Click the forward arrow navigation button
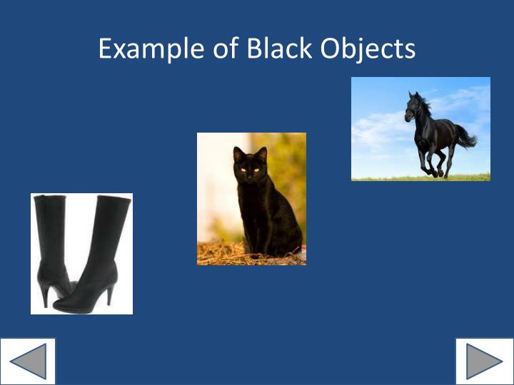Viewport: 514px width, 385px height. [484, 361]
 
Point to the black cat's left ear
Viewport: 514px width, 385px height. [238, 153]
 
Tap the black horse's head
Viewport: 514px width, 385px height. [412, 108]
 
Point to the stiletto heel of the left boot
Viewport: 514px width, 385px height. [45, 295]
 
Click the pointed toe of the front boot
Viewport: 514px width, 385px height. [60, 307]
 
